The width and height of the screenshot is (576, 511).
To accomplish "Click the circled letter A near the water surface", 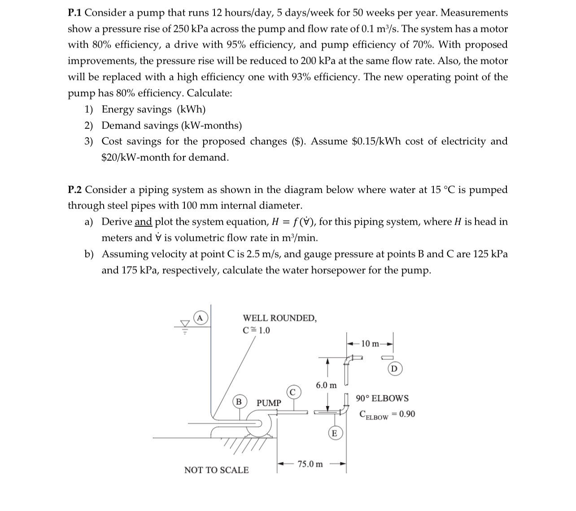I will (x=200, y=318).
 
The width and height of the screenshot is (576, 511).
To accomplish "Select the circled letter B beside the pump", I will (x=239, y=402).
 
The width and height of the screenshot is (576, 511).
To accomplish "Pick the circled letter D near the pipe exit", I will (x=394, y=369).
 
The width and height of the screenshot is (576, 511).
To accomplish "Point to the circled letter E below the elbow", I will (x=334, y=433).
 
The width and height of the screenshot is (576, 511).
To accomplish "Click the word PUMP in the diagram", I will (x=269, y=403).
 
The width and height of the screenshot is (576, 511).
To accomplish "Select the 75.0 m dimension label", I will (x=310, y=464).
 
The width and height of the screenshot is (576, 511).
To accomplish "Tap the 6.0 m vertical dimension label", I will (x=326, y=385).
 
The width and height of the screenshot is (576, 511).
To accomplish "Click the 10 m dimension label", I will (x=371, y=344).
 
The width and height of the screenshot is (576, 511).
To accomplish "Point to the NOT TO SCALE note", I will (x=216, y=470).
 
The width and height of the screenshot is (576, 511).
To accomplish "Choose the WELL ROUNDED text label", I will (x=279, y=318).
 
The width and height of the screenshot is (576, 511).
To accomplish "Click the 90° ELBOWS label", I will (x=382, y=398).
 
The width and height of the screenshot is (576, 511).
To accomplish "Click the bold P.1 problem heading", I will (x=75, y=13).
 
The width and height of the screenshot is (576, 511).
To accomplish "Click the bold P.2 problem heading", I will (x=75, y=190).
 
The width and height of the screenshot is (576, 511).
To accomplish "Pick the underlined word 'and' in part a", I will (x=143, y=222).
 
